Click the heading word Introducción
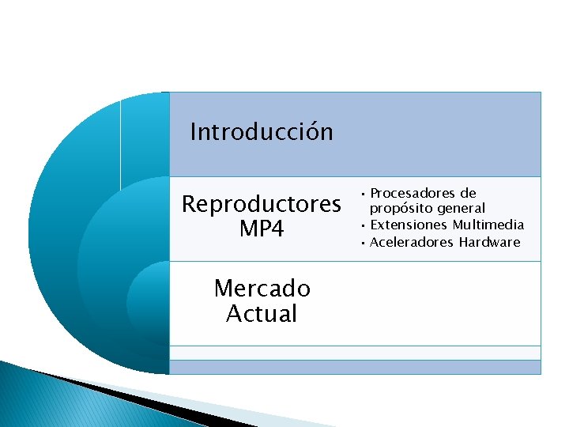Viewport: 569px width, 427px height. click(x=262, y=131)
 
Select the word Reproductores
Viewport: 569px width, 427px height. click(x=262, y=204)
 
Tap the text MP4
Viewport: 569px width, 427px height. click(x=262, y=229)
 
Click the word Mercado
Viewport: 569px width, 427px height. click(x=262, y=289)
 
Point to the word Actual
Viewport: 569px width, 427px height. click(x=262, y=314)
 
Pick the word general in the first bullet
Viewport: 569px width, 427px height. click(x=462, y=208)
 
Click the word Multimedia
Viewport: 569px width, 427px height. click(x=488, y=225)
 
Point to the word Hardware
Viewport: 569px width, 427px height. click(x=489, y=242)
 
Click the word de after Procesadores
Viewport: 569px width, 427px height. click(x=469, y=193)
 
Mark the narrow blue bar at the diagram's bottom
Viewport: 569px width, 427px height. click(x=355, y=367)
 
